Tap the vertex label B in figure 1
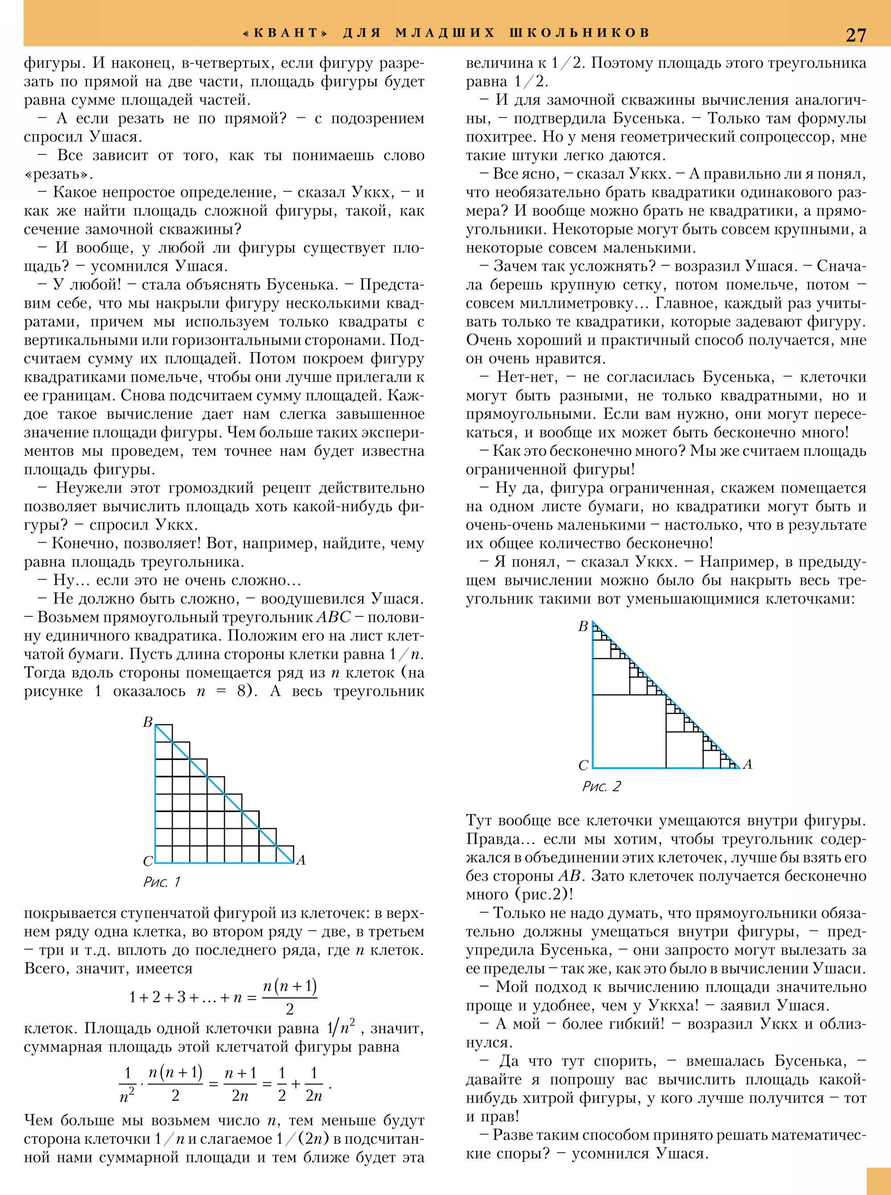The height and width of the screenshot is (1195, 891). [x=147, y=722]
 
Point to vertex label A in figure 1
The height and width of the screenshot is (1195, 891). [x=301, y=860]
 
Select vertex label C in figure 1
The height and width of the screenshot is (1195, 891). [x=147, y=861]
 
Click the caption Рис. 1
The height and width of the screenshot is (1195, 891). [x=161, y=882]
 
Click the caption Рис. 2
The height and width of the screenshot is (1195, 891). [x=601, y=786]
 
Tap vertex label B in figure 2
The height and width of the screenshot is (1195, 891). [x=583, y=627]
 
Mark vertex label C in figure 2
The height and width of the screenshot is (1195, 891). [x=583, y=765]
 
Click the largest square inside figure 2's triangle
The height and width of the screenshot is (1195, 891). [x=629, y=731]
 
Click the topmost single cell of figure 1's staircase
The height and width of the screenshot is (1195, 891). [x=164, y=734]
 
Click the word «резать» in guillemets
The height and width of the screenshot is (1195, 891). [x=58, y=174]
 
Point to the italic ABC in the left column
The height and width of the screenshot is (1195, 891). [x=333, y=617]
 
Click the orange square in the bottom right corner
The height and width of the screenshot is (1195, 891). [x=879, y=1182]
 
